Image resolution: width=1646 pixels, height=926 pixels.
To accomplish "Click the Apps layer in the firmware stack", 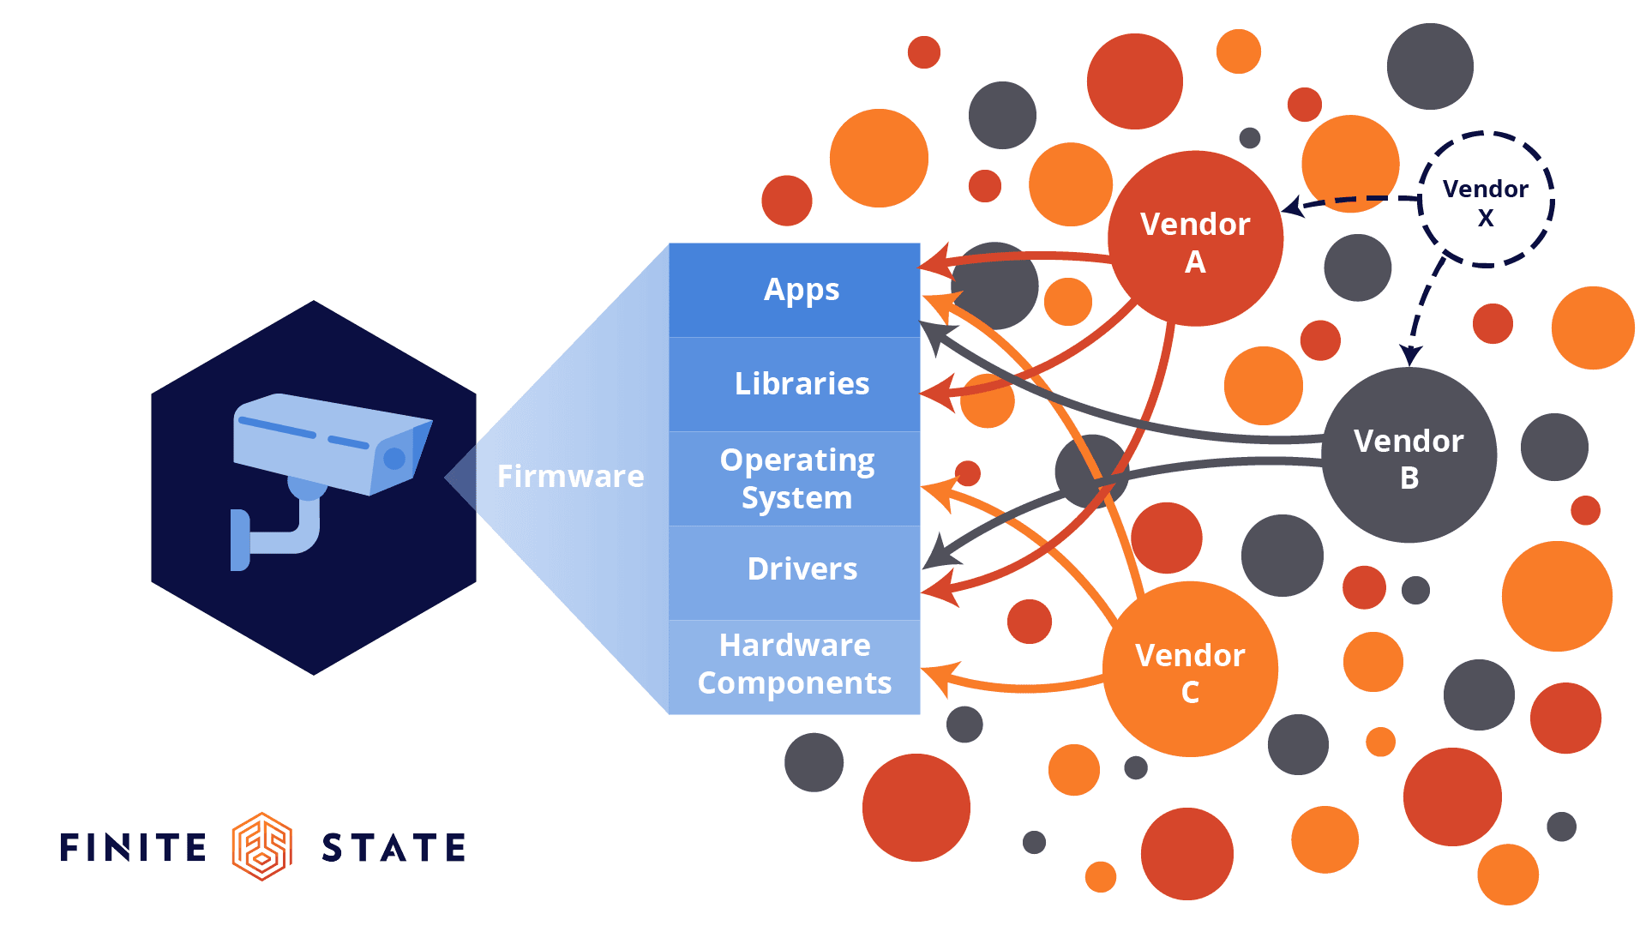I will (794, 290).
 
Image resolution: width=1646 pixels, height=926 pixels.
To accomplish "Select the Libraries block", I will (794, 384).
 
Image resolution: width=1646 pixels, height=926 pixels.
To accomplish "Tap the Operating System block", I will (794, 478).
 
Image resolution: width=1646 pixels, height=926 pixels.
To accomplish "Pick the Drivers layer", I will (794, 569).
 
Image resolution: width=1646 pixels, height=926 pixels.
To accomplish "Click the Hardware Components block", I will (794, 665).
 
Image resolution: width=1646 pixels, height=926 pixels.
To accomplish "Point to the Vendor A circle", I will (1195, 238).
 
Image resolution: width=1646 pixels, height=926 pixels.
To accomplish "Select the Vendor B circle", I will (1409, 455).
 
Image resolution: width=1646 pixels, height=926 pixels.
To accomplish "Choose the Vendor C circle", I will (1190, 670).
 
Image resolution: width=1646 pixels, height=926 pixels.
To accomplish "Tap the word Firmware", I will (570, 476).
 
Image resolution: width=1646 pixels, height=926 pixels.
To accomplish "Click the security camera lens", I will (394, 459).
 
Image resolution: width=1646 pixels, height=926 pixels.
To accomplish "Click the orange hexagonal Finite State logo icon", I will (262, 846).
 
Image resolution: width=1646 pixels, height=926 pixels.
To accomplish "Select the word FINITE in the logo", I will (134, 847).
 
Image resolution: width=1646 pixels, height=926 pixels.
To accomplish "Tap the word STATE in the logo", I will (393, 847).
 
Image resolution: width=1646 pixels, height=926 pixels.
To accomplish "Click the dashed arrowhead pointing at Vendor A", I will (1292, 207).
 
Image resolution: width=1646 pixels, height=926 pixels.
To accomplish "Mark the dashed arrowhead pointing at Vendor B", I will (1410, 354).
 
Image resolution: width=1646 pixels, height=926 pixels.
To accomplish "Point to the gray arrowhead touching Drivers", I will (938, 555).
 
